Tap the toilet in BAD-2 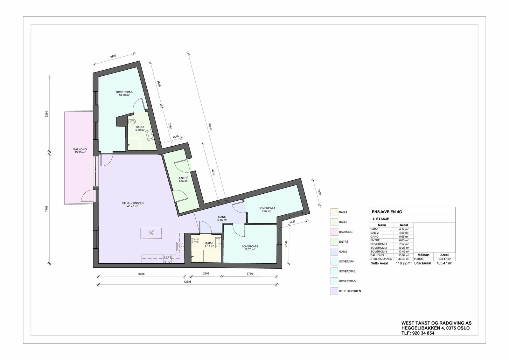[x=133, y=121]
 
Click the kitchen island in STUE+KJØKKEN [x=151, y=233]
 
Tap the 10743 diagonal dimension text [x=210, y=127]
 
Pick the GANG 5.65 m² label [x=222, y=218]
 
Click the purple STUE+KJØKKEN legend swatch [x=334, y=291]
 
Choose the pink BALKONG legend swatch [x=334, y=232]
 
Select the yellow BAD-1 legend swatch [x=334, y=212]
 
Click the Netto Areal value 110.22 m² [x=403, y=263]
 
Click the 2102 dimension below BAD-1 [x=206, y=273]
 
